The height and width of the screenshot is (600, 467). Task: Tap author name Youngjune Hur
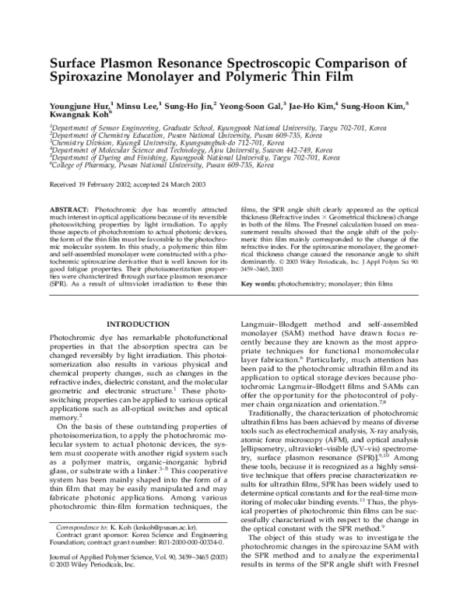click(78, 104)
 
